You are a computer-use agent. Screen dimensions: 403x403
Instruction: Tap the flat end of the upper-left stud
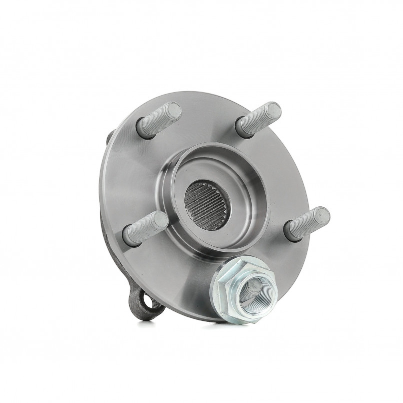(x=173, y=111)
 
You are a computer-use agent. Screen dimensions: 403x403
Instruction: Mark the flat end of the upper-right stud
(x=272, y=112)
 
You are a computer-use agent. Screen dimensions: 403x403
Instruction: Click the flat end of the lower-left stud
(x=159, y=221)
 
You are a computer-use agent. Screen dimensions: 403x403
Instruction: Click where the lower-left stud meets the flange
(x=129, y=237)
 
